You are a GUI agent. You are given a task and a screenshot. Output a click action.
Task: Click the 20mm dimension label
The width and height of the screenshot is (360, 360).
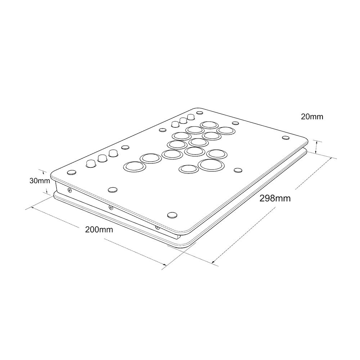312,117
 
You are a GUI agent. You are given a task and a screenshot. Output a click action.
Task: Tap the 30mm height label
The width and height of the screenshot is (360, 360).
40,181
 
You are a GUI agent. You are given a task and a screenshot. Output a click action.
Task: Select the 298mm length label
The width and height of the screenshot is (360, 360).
275,198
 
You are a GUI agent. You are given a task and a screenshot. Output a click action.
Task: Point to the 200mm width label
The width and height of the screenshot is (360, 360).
99,229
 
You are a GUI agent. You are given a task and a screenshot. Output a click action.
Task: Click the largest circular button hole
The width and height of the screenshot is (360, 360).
211,165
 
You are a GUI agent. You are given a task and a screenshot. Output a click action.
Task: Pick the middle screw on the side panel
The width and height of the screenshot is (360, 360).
111,208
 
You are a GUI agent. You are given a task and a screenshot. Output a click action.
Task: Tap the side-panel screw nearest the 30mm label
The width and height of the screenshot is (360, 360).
69,190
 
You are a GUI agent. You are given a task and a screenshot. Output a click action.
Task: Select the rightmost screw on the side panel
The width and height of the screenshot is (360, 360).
157,228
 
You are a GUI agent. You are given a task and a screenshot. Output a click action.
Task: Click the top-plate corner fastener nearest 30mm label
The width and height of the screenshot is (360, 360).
72,172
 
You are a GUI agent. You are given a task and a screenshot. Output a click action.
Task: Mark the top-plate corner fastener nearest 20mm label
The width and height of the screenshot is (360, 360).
285,138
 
